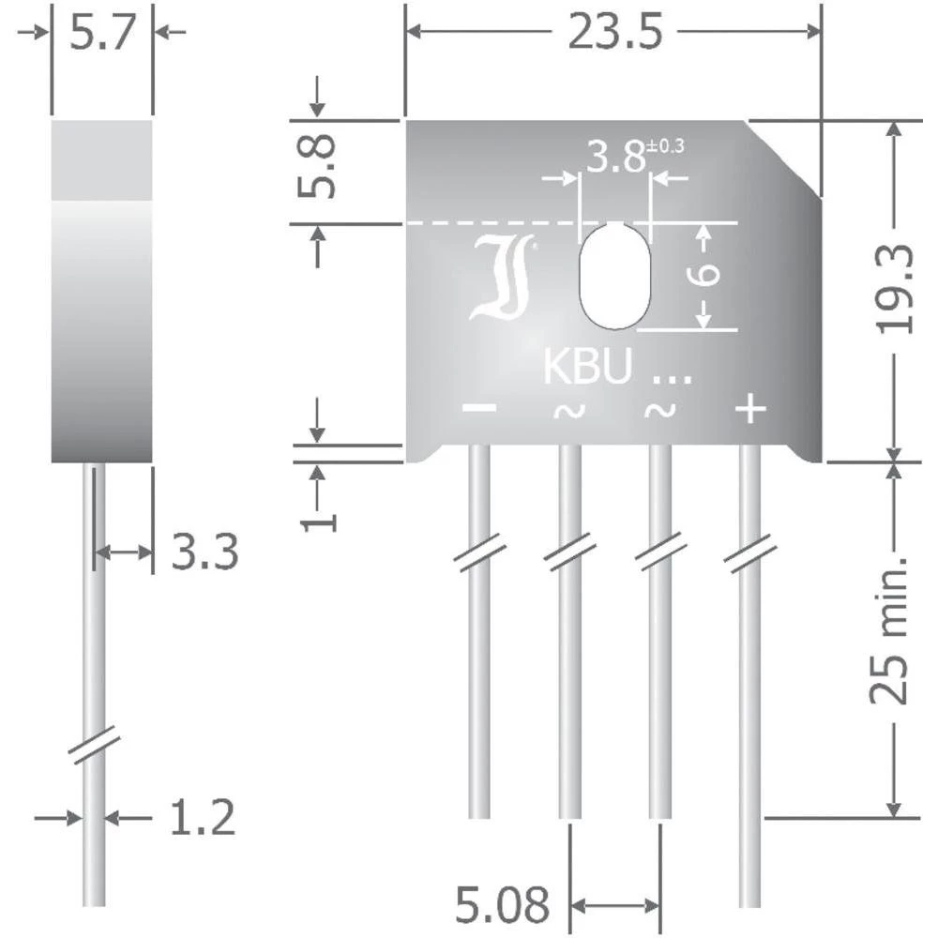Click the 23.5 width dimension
point(614,33)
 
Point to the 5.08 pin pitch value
point(502,906)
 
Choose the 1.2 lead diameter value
point(201,818)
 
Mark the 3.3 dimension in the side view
point(204,552)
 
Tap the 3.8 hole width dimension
point(613,157)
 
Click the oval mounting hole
point(614,276)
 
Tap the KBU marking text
point(587,369)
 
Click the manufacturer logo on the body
point(503,279)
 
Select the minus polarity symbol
point(479,409)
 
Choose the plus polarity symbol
point(749,408)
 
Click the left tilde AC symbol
point(568,410)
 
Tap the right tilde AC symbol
point(659,410)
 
